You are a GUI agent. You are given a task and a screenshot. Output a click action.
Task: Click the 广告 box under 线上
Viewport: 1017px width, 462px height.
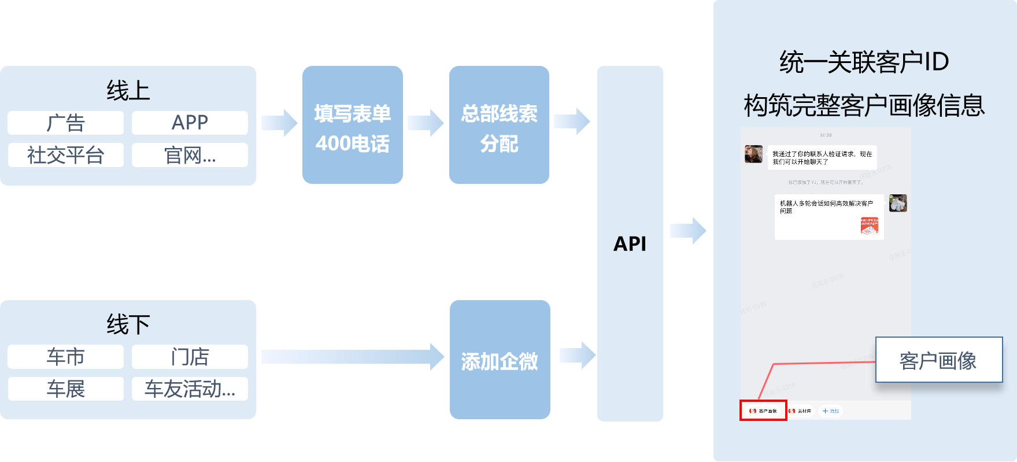(65, 123)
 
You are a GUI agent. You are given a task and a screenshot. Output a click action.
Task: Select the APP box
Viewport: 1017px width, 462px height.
(190, 123)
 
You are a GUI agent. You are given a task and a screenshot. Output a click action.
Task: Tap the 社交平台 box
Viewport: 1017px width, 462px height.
(65, 155)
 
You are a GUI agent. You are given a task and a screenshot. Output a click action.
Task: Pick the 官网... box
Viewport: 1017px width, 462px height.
(190, 155)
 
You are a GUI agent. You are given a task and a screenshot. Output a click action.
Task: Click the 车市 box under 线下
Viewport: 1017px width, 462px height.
(65, 357)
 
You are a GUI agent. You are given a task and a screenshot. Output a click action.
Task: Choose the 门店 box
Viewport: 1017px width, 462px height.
(190, 357)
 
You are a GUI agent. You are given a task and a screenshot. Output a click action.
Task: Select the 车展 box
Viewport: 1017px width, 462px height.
(65, 389)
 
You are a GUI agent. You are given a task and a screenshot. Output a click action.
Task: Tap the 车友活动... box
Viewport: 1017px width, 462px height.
(190, 389)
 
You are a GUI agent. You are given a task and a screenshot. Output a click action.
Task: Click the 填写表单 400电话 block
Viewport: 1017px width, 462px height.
(352, 125)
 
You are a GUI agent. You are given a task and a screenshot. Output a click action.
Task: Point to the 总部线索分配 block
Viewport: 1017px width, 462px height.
(499, 125)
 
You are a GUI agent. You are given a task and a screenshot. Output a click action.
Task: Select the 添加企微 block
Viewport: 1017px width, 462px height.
(500, 360)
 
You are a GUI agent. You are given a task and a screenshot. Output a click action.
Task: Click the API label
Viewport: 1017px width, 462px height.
(630, 244)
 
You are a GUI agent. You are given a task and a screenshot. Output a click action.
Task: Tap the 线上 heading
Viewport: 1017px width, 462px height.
(128, 91)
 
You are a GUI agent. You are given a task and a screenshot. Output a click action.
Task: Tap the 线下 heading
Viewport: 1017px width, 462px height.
(128, 324)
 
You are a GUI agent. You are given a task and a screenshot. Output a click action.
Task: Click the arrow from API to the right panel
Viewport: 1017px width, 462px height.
(688, 231)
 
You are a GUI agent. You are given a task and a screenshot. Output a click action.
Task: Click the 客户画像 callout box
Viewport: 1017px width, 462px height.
(938, 360)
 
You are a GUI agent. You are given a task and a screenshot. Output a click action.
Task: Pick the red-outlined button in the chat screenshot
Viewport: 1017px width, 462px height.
(763, 411)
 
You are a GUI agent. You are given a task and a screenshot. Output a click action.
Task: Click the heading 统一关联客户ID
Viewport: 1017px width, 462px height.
(864, 62)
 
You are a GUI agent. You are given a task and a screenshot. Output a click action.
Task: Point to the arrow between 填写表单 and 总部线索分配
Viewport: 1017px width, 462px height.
(426, 123)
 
